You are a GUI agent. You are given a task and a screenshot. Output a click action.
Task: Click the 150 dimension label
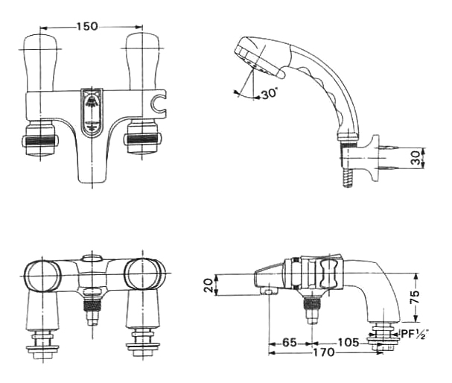(87, 27)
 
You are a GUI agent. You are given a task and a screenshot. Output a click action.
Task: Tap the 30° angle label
(270, 94)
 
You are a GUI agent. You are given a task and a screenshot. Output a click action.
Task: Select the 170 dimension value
(324, 352)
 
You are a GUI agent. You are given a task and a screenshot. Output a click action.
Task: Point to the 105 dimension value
(348, 342)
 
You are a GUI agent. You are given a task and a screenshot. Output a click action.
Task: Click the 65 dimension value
(290, 342)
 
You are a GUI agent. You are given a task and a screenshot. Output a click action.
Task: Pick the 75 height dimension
(415, 297)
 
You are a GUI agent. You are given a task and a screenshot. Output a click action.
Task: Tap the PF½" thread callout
(415, 335)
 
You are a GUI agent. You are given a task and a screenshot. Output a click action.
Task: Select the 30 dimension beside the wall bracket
(416, 158)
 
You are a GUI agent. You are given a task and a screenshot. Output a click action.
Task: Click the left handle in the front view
(39, 62)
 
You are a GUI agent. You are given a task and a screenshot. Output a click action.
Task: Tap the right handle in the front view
(142, 61)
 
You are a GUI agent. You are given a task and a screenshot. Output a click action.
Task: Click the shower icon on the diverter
(92, 101)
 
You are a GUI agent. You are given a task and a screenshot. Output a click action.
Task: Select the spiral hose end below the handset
(348, 178)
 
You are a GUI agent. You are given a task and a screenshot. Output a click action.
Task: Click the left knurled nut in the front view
(40, 141)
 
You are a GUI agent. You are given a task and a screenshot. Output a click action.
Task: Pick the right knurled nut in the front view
(142, 139)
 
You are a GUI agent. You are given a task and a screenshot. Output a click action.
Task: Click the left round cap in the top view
(42, 274)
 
